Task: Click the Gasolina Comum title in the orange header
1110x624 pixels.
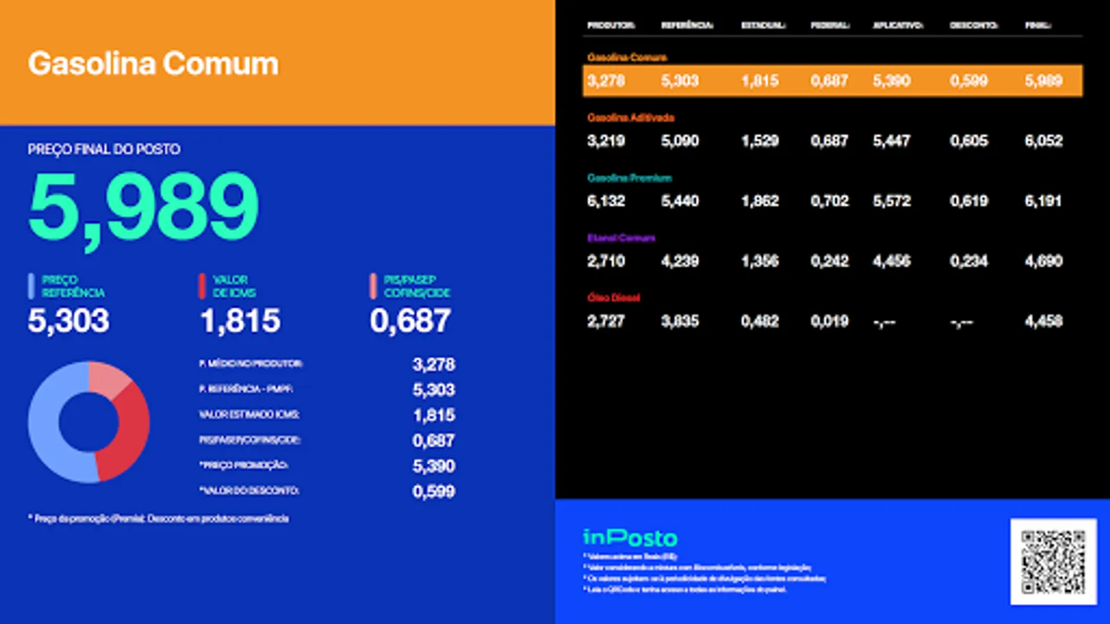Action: point(153,64)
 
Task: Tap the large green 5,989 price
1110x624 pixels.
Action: point(144,207)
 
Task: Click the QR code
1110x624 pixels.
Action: point(1053,562)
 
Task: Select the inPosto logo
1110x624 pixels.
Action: point(630,537)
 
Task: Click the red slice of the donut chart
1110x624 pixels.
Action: point(128,430)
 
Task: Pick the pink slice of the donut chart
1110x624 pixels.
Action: point(108,378)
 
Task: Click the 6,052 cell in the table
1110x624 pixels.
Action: point(1043,141)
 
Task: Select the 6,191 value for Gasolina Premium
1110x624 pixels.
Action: point(1043,201)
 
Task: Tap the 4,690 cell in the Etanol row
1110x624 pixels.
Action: point(1043,261)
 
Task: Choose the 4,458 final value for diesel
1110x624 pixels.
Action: point(1043,321)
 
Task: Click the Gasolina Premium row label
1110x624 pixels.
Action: point(629,178)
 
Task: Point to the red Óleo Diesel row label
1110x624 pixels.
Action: point(613,297)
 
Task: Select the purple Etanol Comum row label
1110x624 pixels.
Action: point(621,238)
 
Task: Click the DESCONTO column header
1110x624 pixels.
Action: point(973,25)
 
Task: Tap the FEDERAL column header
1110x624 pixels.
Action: point(830,25)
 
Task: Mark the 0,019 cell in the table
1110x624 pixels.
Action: point(830,321)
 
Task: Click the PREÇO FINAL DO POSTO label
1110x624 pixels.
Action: point(104,149)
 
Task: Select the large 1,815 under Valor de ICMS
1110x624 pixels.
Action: point(240,320)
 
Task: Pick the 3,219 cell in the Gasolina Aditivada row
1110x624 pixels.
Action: point(606,141)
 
